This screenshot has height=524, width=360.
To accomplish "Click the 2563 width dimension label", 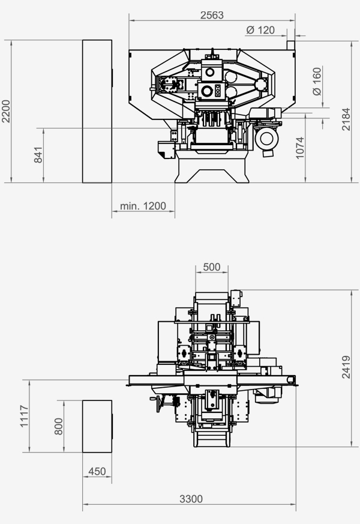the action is pos(212,15).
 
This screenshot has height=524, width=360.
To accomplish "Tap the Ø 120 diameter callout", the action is pos(260,30).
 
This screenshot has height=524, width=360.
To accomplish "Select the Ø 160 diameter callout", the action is pos(317,81).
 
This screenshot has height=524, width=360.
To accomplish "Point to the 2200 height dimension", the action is pos(6,111).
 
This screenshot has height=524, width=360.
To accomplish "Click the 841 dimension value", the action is pos(38,155).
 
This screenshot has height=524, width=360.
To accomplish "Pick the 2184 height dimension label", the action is pos(346,119).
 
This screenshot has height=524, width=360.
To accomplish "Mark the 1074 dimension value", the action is pos(300,148).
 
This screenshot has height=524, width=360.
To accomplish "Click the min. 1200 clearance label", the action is pos(143,206).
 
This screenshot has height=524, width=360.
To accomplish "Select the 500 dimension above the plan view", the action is pos(212,267).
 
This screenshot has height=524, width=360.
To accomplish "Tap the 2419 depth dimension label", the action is pos(346,367).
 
